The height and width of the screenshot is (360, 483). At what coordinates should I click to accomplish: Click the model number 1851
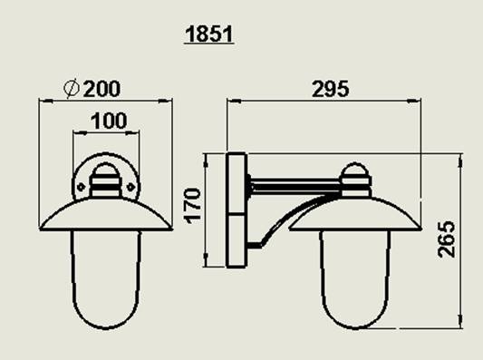point(208,34)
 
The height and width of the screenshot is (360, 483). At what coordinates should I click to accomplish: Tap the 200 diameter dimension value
point(101,89)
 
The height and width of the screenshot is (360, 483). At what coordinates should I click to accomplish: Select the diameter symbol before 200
point(72,89)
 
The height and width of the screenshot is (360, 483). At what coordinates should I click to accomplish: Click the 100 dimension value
point(109,121)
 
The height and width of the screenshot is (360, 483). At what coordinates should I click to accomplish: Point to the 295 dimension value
point(331,89)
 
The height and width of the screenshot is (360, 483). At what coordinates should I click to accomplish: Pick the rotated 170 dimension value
point(192,205)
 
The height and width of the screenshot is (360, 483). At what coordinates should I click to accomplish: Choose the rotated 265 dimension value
point(446,238)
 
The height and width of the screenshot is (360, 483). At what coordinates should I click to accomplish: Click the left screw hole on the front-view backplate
point(81,187)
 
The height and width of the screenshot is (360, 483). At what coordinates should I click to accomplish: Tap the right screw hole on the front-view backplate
point(130,187)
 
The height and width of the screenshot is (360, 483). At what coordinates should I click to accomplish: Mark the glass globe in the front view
point(106,279)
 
